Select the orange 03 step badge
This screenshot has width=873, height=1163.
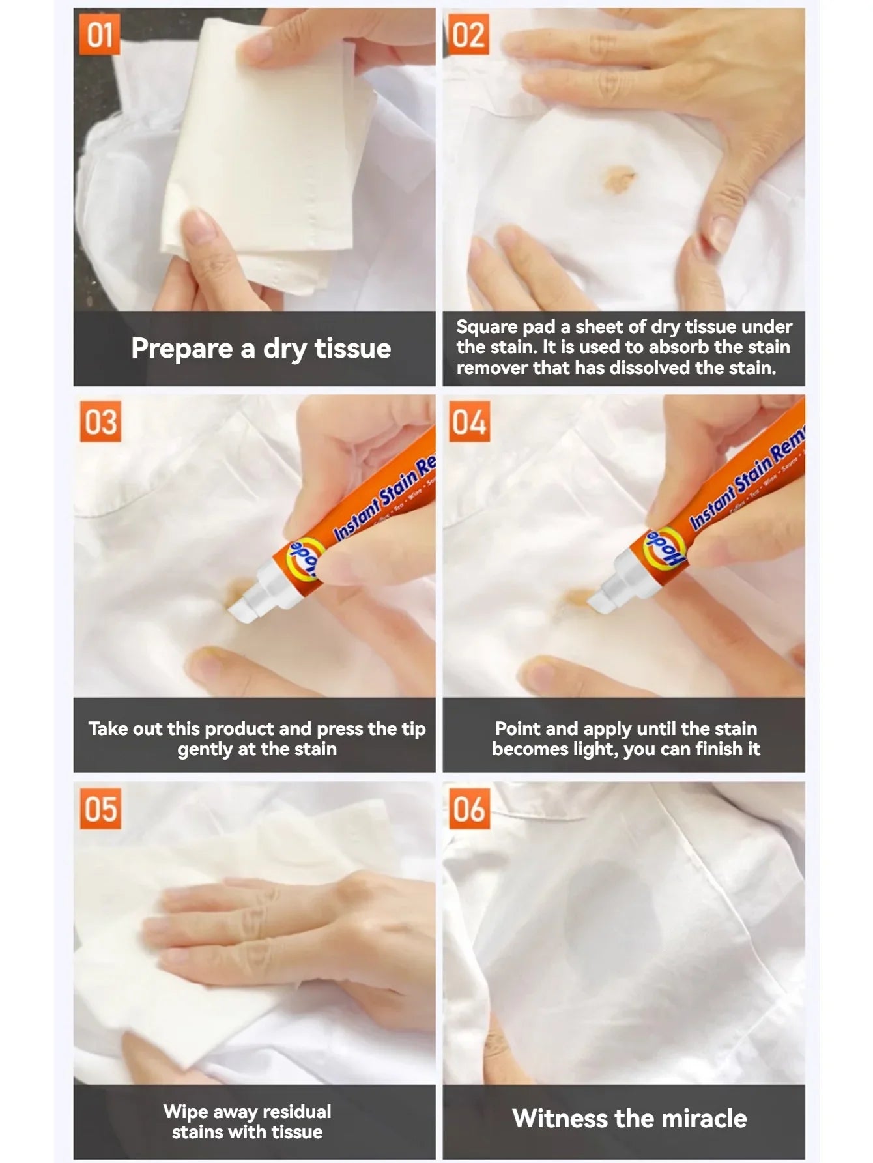click(x=100, y=422)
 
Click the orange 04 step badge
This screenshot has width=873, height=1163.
click(x=469, y=422)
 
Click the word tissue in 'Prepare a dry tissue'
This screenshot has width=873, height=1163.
click(x=352, y=348)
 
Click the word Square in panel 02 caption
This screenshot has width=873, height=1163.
click(x=487, y=326)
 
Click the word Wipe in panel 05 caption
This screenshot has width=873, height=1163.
click(x=184, y=1111)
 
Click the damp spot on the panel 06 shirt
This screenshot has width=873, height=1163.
click(x=609, y=912)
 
